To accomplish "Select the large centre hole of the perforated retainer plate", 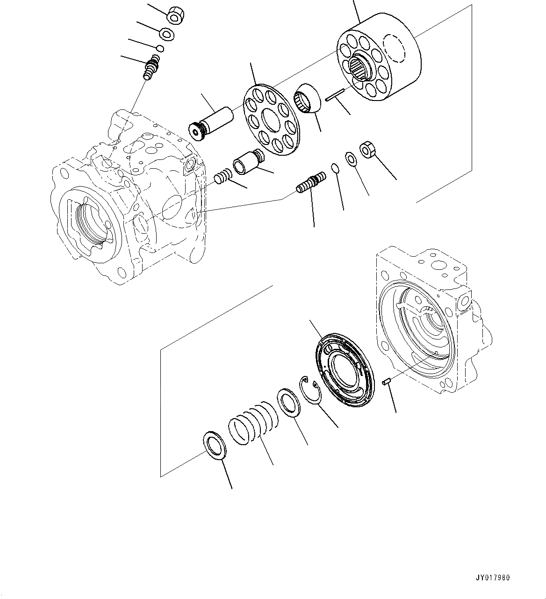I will click(x=273, y=121).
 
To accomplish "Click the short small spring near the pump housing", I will click(x=223, y=177).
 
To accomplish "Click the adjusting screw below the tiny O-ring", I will click(x=151, y=67).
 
